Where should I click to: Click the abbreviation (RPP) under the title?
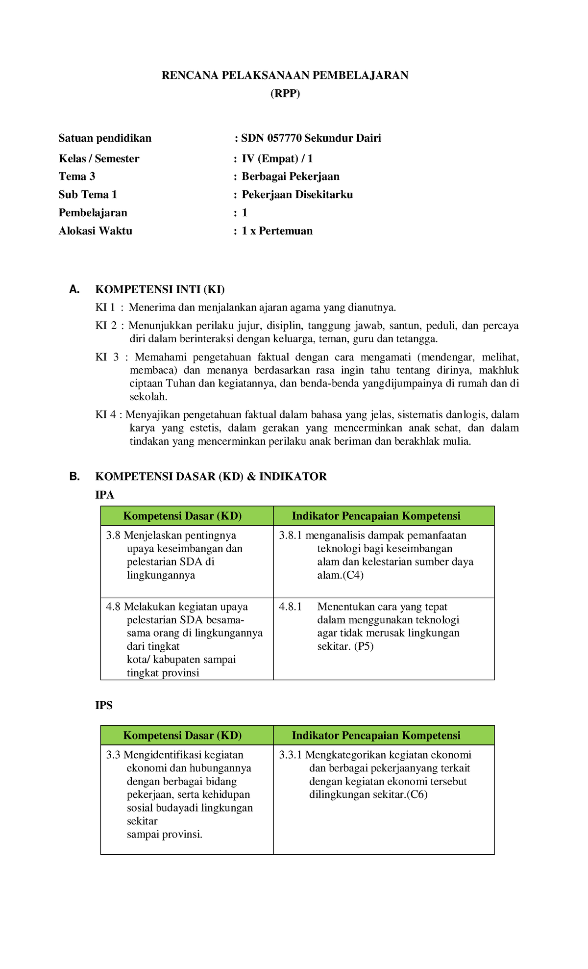285,93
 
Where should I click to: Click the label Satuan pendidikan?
105,138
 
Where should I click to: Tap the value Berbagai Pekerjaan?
291,177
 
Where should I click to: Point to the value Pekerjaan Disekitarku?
297,195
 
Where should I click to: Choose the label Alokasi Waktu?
96,231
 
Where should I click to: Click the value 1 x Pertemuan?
277,231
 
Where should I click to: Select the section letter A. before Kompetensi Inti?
74,289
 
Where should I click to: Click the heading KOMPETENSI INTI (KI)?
160,289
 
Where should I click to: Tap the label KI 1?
105,307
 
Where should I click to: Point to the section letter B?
74,477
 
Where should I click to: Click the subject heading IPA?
104,495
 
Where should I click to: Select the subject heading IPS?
104,705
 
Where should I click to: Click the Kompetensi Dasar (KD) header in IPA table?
182,516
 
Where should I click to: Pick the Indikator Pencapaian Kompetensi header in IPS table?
376,736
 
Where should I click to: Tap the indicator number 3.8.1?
291,535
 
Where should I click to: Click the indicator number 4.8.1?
291,607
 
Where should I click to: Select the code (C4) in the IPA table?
353,575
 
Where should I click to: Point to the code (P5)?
364,646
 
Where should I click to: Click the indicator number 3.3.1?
291,755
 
